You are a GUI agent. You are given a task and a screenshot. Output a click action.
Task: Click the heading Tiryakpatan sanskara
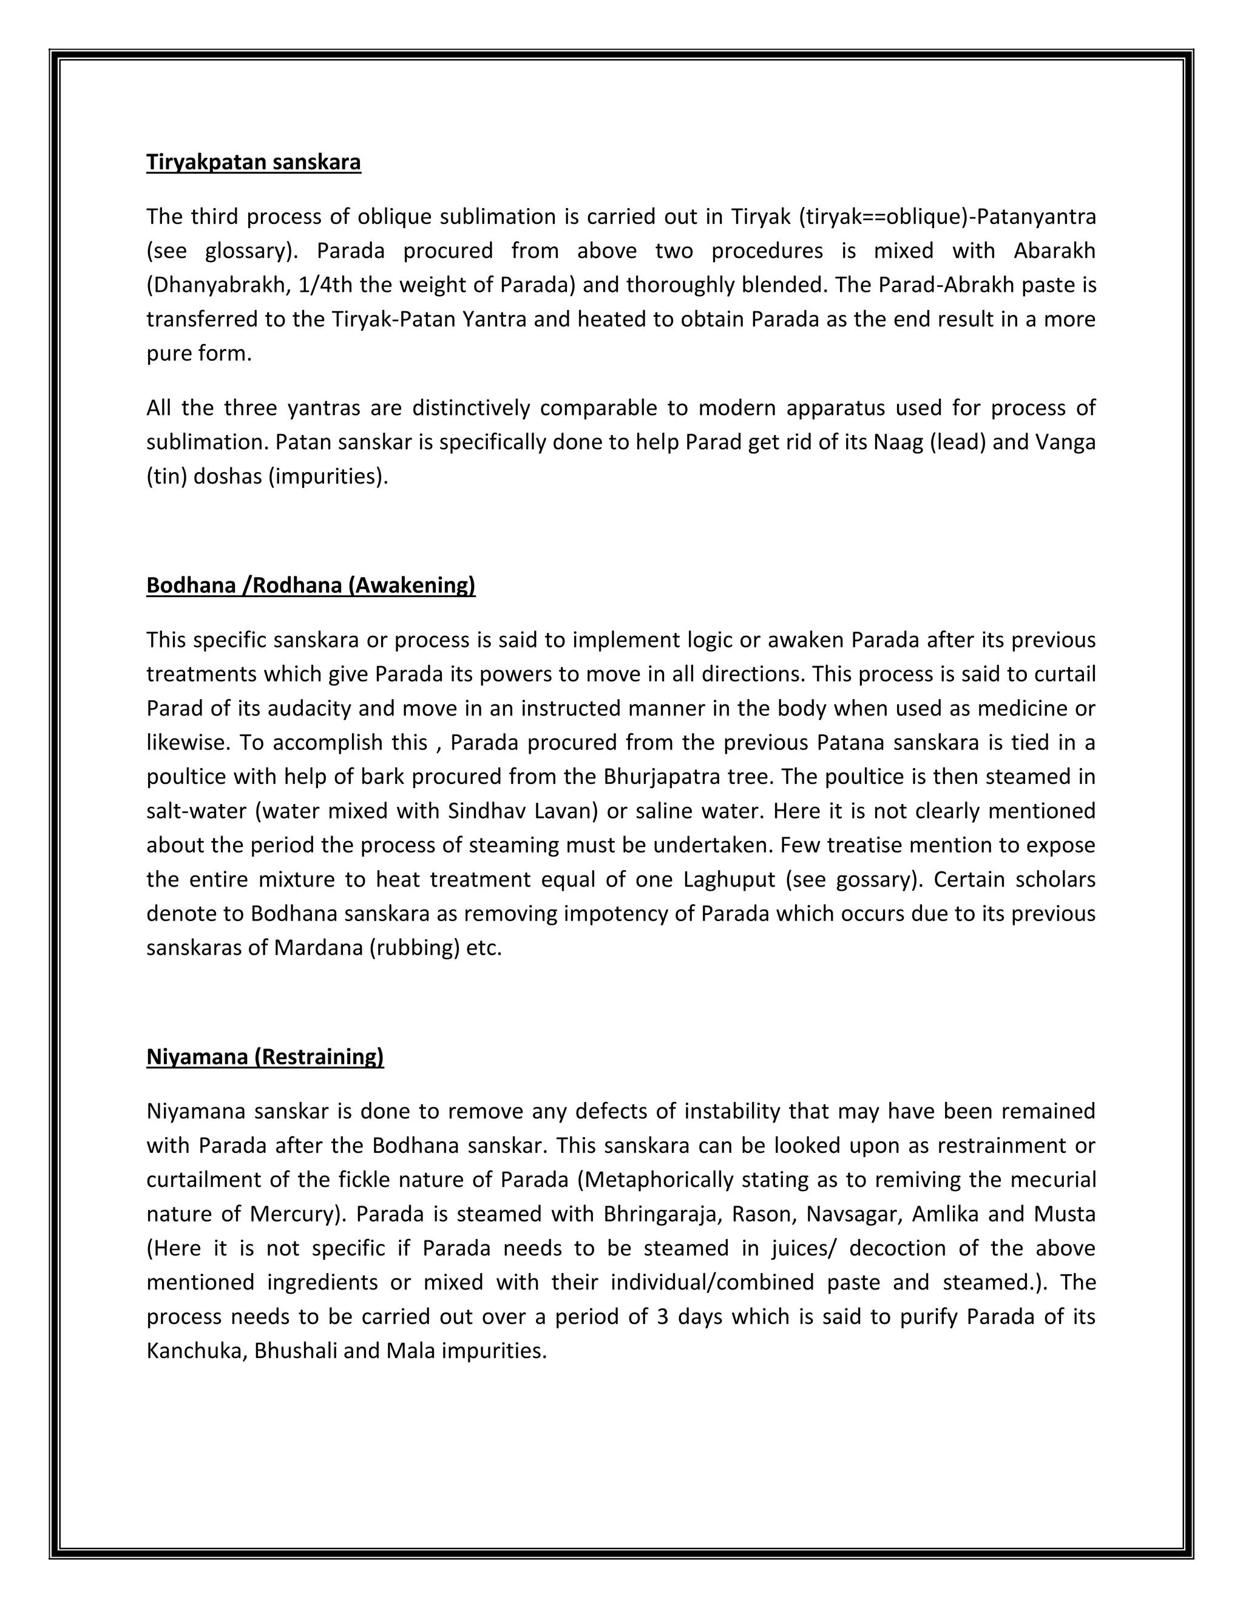point(253,162)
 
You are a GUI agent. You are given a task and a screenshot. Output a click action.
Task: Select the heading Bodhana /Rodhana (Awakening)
point(311,586)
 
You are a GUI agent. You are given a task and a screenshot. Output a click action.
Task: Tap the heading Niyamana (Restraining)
point(265,1056)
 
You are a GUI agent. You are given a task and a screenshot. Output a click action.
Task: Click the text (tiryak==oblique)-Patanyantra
point(947,217)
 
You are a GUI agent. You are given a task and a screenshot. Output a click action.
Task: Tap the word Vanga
point(1066,442)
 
